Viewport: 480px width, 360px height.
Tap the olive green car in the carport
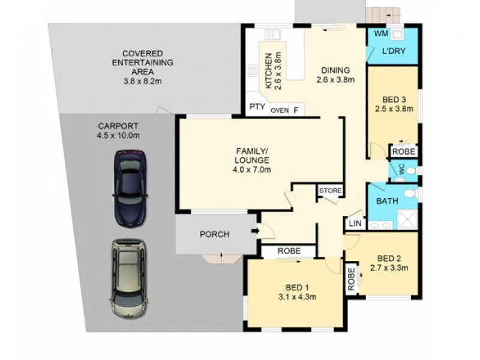click(x=127, y=279)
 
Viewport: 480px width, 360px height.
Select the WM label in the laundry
click(x=382, y=34)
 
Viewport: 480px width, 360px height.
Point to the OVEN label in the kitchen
click(x=280, y=110)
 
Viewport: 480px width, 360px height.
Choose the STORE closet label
click(x=330, y=191)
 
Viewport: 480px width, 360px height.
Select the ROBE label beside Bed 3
click(x=404, y=152)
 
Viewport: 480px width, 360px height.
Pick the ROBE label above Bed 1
click(x=289, y=251)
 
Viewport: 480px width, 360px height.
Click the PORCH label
click(x=214, y=234)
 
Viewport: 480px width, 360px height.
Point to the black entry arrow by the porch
click(x=256, y=230)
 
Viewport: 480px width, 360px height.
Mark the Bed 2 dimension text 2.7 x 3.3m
click(x=389, y=268)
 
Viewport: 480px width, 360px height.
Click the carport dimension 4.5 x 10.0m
click(x=119, y=136)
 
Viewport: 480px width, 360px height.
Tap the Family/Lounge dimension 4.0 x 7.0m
click(x=252, y=170)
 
